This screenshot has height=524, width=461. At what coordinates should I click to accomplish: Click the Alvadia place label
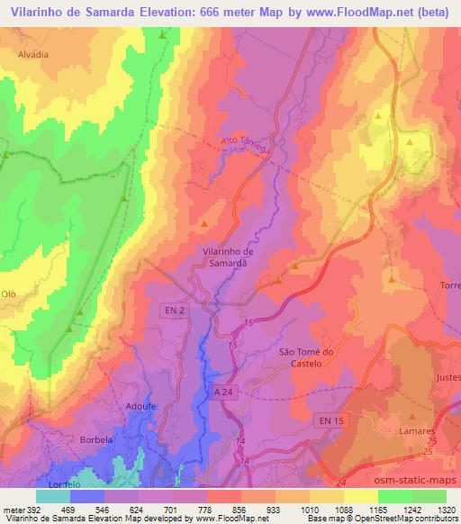(32, 54)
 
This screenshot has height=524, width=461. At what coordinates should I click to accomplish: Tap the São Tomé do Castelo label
(307, 357)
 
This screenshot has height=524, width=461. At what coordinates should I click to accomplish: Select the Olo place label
(9, 294)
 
